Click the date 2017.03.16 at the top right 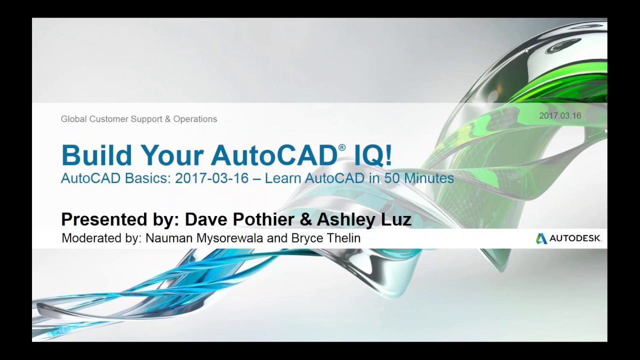tap(560, 116)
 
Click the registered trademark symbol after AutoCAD tap(342, 147)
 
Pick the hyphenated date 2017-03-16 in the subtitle tap(211, 178)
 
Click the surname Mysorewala tap(228, 238)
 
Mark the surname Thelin tap(342, 238)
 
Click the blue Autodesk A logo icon tap(541, 238)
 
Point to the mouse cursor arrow tap(526, 50)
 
